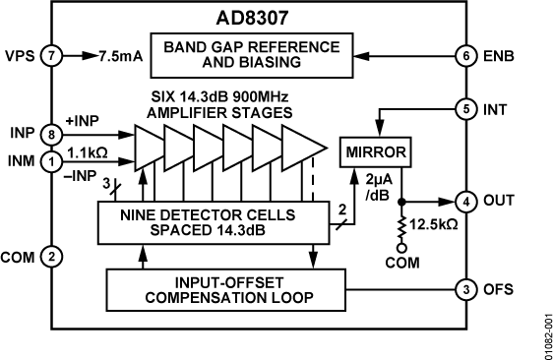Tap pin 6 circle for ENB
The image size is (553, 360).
click(x=463, y=56)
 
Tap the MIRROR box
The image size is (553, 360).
click(x=373, y=152)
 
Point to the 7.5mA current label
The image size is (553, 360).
click(x=121, y=56)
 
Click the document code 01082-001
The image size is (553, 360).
click(x=540, y=330)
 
